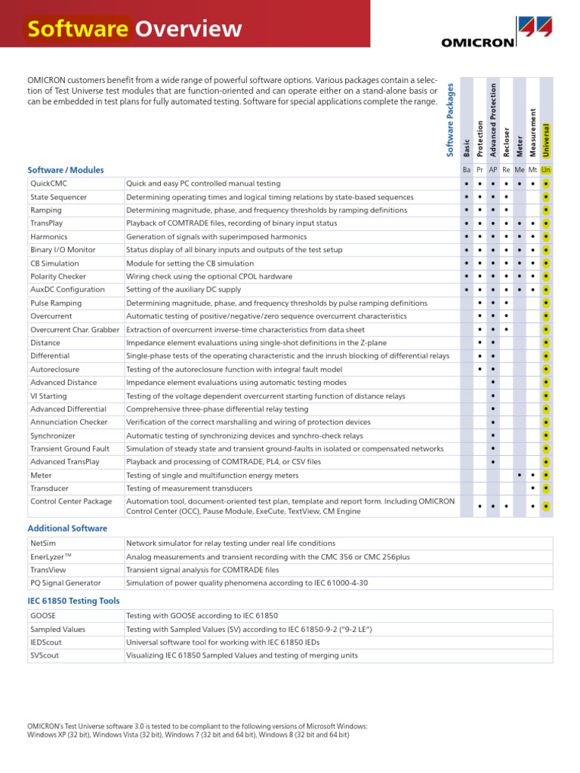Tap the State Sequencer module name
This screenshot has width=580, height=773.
58,197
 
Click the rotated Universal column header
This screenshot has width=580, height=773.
546,140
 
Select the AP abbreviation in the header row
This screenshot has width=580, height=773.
492,170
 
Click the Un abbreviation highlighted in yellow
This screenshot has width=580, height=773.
546,170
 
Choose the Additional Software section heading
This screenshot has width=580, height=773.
67,528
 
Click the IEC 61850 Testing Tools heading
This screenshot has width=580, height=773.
73,601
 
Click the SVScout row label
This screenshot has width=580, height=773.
45,655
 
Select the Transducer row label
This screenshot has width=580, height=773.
50,488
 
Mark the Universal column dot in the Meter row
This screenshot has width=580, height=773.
546,476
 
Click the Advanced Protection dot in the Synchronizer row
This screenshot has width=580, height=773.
493,436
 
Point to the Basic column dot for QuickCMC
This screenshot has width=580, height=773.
467,183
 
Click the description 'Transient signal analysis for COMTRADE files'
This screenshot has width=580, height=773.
202,570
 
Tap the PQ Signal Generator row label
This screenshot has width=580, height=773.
65,583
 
